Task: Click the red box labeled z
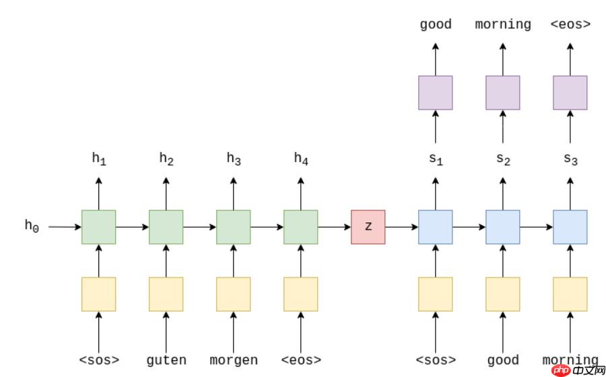tap(368, 227)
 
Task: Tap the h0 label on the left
tap(32, 226)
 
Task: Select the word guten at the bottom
tap(166, 360)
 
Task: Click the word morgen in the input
tap(233, 360)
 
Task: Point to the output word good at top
tap(435, 25)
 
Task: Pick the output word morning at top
tap(502, 25)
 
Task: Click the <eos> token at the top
tap(570, 25)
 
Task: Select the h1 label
tap(99, 159)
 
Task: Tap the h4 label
tap(301, 159)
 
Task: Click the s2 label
tap(503, 159)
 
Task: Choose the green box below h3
tap(233, 227)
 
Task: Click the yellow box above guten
tap(166, 294)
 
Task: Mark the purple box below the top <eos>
tap(570, 93)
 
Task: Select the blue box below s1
tap(435, 227)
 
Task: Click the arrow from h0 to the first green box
tap(65, 227)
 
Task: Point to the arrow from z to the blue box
tap(401, 227)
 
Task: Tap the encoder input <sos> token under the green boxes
tap(99, 360)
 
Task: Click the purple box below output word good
tap(435, 93)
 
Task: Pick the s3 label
tap(570, 159)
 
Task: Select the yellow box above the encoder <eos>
tap(300, 294)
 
